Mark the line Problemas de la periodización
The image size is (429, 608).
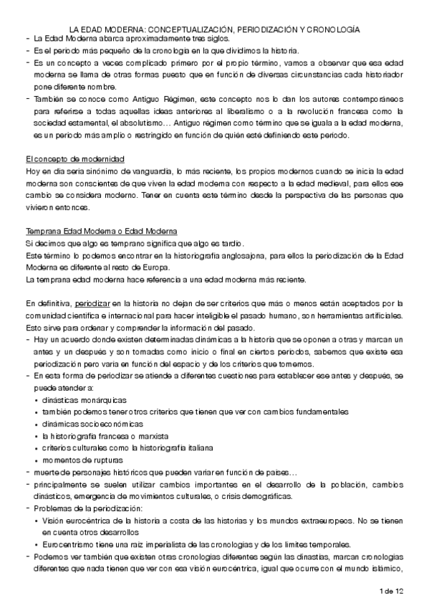click(x=85, y=508)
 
